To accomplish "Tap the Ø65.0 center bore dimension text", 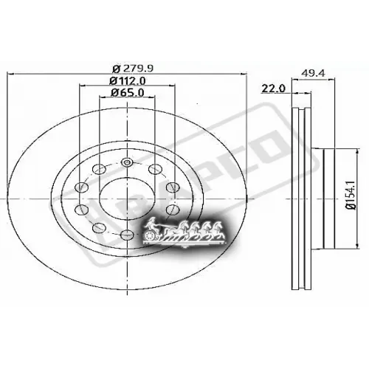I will [x=128, y=93].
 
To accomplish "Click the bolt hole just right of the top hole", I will [x=154, y=170].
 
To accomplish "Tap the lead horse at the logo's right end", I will [x=219, y=228].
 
